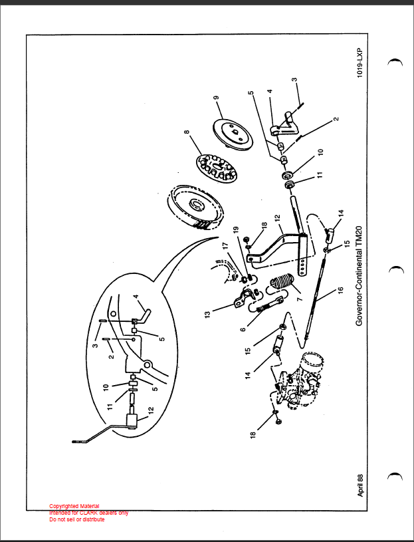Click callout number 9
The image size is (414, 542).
216,98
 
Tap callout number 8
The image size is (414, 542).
187,132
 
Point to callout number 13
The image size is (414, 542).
207,315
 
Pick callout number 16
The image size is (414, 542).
340,290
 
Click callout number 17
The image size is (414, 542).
225,245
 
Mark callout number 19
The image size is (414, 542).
236,229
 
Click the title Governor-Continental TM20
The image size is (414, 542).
359,276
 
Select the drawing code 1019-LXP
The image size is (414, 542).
360,63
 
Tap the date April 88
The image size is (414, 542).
360,485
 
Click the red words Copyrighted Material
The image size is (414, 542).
74,506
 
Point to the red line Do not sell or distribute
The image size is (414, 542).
77,519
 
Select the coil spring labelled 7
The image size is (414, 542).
282,282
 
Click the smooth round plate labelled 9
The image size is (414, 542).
233,134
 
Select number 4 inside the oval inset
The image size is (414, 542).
136,297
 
